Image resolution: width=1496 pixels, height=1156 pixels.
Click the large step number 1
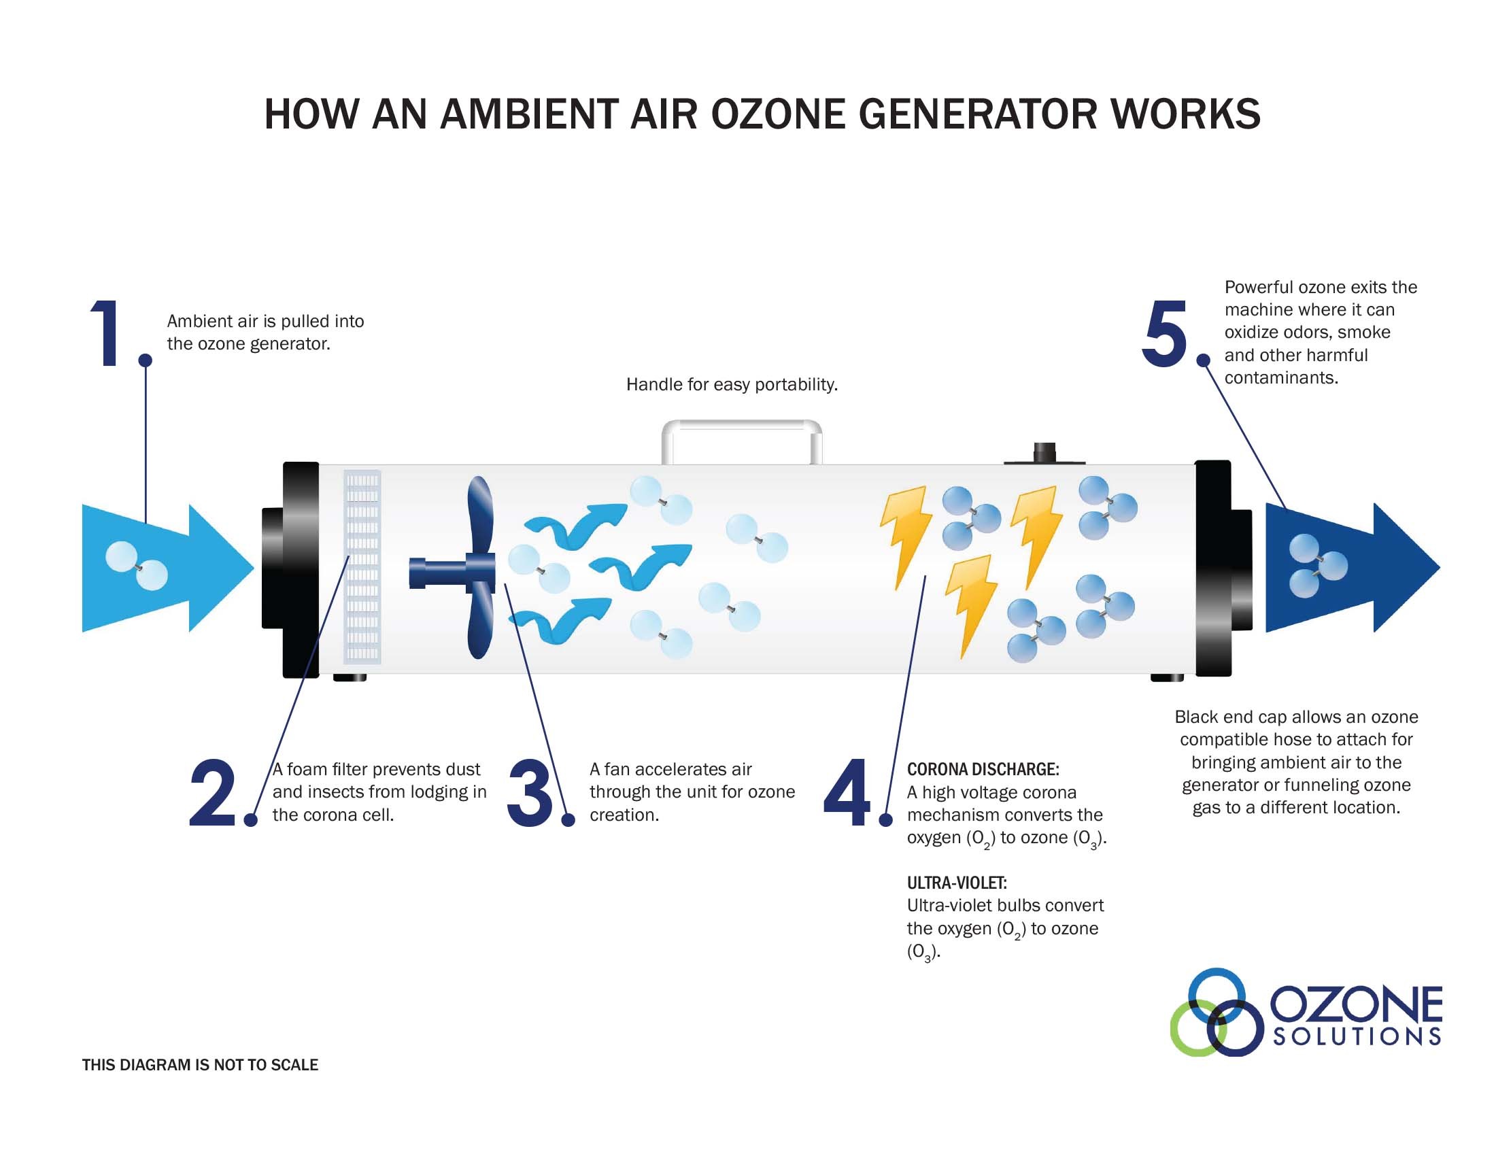click(106, 333)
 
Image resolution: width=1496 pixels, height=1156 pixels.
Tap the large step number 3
click(529, 792)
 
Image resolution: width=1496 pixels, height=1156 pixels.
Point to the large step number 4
click(847, 792)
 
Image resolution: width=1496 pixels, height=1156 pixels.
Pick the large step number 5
click(1163, 333)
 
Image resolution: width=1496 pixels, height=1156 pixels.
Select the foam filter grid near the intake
click(362, 567)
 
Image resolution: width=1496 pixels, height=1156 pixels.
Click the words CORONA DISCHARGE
click(983, 769)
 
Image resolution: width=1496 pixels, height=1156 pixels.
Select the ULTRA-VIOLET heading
click(956, 883)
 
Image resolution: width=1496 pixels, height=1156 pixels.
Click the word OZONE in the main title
click(777, 114)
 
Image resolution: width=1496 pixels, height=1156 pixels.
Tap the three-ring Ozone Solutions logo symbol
click(1215, 1013)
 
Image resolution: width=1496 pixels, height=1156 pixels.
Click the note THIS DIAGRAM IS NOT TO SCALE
click(200, 1065)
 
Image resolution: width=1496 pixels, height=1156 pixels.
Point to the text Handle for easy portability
click(732, 385)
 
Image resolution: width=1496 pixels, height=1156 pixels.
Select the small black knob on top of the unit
click(1044, 453)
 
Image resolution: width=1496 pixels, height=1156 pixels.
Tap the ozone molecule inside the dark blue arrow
click(1316, 566)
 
